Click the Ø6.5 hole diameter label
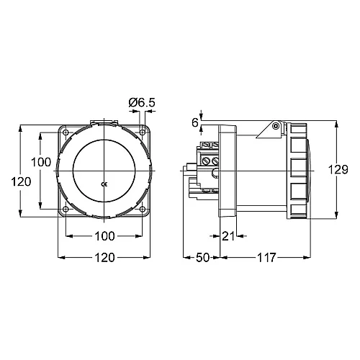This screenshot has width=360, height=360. click(141, 103)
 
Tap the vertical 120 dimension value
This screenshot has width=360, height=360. click(22, 182)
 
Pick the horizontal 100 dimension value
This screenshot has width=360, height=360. click(105, 235)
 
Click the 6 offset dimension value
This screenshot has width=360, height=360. click(195, 122)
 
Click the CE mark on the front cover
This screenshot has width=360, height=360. click(105, 184)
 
